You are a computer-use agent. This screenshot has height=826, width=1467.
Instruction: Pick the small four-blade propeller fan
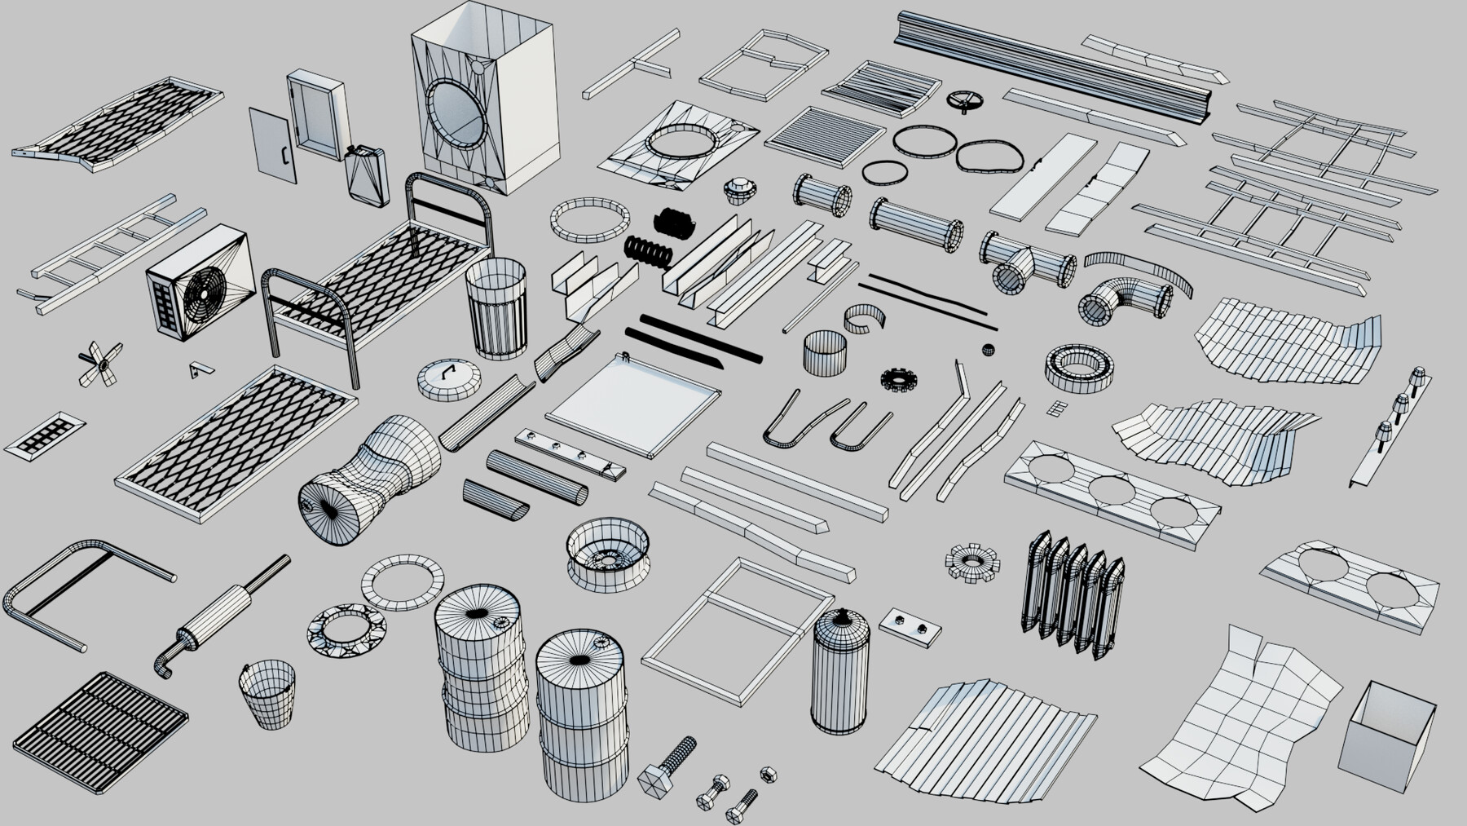click(100, 364)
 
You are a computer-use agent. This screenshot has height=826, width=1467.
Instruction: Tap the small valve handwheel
click(967, 102)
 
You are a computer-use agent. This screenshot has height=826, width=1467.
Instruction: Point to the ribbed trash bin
click(496, 309)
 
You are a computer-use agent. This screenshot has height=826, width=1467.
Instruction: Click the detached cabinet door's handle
click(284, 154)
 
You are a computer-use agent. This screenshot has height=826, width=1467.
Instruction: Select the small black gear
click(899, 379)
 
